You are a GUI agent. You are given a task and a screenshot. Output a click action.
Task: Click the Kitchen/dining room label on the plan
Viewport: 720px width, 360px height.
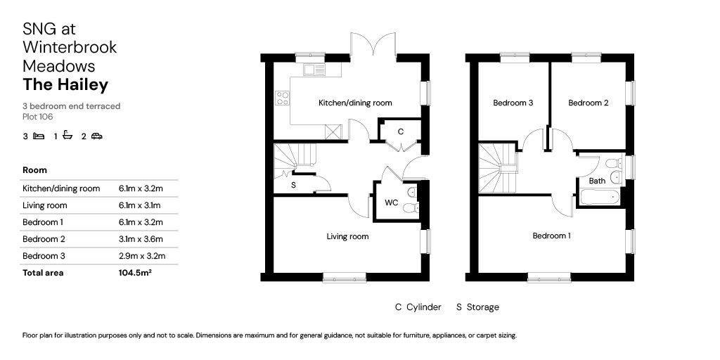tap(355, 103)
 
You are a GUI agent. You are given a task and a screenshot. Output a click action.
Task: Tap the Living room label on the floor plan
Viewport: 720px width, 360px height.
tap(347, 236)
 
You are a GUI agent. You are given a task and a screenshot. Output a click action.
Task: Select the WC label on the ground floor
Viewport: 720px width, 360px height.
tap(391, 203)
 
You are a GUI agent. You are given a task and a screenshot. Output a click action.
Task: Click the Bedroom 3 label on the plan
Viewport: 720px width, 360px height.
tap(513, 103)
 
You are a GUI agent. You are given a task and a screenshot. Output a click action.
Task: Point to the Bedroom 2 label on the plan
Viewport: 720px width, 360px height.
tap(588, 103)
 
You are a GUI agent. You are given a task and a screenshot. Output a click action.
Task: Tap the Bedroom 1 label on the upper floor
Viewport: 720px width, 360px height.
tap(551, 236)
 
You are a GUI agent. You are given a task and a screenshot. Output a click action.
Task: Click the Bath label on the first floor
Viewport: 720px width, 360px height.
tap(597, 181)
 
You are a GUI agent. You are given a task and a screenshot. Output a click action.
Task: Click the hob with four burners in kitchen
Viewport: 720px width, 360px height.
tap(283, 98)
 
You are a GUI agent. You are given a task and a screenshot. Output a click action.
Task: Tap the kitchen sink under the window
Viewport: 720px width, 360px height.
tap(314, 70)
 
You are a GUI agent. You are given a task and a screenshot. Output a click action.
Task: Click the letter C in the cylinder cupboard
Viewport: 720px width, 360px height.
tap(400, 131)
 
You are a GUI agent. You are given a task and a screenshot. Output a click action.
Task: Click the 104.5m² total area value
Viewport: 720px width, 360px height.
tap(135, 272)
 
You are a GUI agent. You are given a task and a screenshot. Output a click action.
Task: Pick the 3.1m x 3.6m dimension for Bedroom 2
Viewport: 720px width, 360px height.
tap(140, 238)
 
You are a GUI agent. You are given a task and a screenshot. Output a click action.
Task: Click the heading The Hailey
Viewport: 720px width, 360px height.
tap(65, 84)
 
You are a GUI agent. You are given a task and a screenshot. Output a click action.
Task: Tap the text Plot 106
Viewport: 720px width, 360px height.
tap(38, 117)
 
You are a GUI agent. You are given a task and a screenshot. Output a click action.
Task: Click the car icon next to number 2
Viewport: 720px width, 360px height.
tap(97, 136)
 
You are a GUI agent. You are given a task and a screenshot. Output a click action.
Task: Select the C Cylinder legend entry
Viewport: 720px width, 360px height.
tap(418, 307)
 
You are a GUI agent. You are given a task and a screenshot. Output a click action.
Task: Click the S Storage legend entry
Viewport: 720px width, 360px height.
tap(477, 307)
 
